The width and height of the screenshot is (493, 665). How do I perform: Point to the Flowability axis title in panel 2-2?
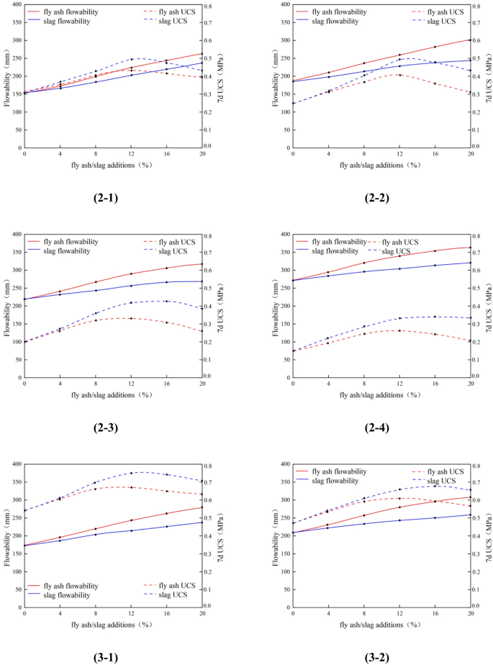point(275,76)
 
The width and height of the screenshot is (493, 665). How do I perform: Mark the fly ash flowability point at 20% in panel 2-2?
point(470,40)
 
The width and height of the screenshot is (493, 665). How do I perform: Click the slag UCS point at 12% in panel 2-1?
point(131,59)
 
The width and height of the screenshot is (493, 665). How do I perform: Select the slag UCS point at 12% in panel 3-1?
point(131,473)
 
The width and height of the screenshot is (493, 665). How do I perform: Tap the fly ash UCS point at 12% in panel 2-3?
point(131,318)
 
